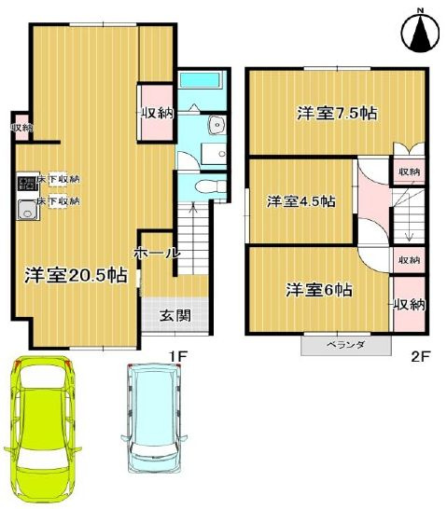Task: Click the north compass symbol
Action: pyautogui.click(x=420, y=32)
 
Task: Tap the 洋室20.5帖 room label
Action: pyautogui.click(x=76, y=275)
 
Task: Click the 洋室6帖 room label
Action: pyautogui.click(x=318, y=289)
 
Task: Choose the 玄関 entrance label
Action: pyautogui.click(x=175, y=315)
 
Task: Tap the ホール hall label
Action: pyautogui.click(x=157, y=253)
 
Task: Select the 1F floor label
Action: pyautogui.click(x=180, y=354)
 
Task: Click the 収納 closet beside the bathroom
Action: pyautogui.click(x=157, y=113)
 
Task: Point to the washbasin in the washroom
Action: pyautogui.click(x=217, y=125)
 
